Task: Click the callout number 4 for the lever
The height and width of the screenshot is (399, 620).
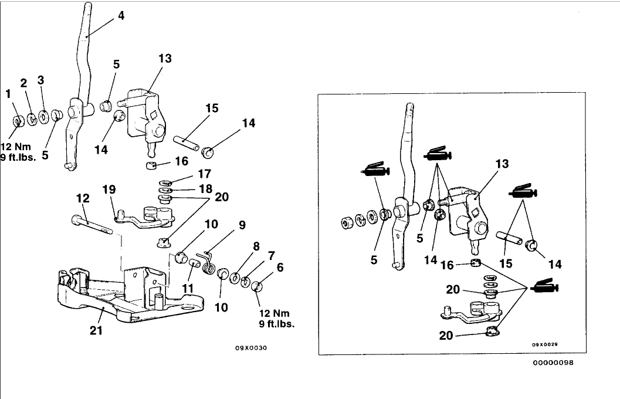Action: tap(121, 16)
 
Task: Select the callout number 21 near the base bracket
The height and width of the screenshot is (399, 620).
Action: tap(96, 330)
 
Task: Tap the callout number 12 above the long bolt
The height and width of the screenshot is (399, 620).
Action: tap(83, 199)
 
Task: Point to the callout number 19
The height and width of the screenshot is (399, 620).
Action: tap(109, 190)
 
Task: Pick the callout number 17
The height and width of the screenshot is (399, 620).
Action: tap(204, 174)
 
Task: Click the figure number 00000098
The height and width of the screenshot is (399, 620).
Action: tap(554, 363)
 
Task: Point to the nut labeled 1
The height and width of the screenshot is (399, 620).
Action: tap(18, 121)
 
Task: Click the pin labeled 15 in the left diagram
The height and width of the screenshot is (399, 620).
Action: tap(187, 141)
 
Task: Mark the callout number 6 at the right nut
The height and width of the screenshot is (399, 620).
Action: tap(280, 267)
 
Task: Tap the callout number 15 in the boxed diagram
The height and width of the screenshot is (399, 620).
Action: tap(504, 264)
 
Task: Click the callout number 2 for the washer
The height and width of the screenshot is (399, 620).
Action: tap(24, 83)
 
